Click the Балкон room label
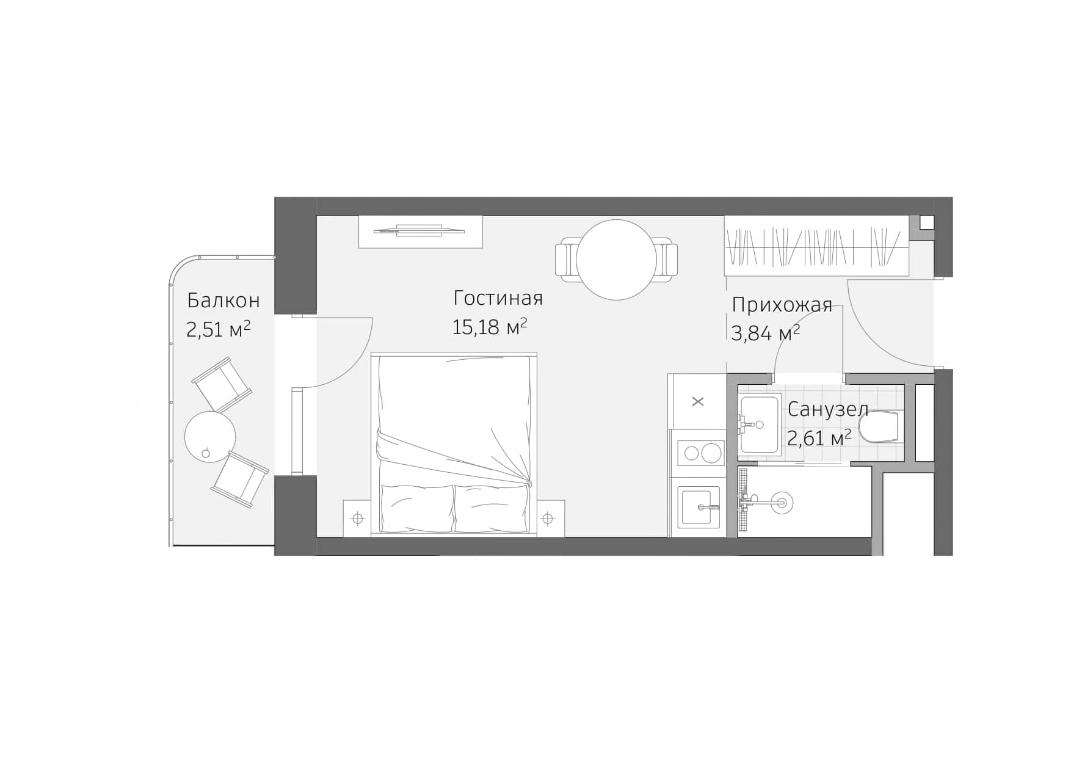[223, 301]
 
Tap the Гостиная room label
[498, 298]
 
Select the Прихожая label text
[782, 304]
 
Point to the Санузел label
[827, 409]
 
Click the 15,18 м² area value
[489, 327]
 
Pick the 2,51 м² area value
[218, 329]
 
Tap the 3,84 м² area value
[765, 333]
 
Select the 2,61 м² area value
[819, 437]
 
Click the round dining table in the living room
[616, 260]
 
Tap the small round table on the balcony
[210, 436]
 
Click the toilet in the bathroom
[879, 426]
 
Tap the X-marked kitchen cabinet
[698, 401]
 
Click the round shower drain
[781, 503]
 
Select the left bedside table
[358, 519]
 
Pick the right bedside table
[548, 519]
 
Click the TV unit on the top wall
[420, 231]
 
